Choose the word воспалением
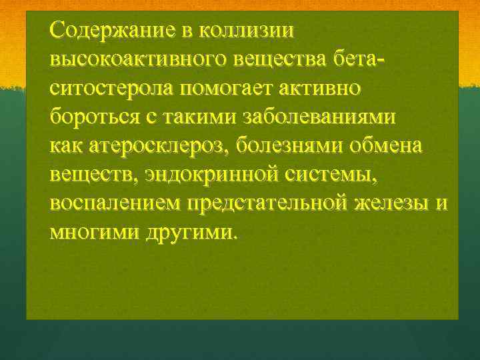(116, 202)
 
